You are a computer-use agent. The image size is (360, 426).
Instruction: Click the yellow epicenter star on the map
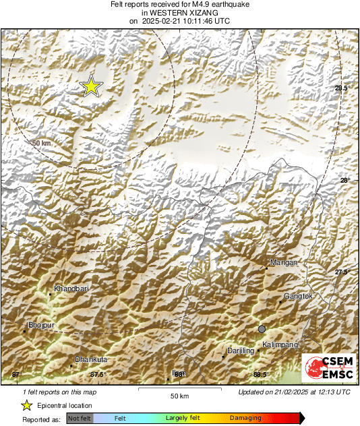click(x=90, y=86)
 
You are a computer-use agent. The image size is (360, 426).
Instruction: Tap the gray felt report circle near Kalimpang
click(x=262, y=328)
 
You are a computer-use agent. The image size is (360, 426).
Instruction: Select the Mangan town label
click(x=283, y=262)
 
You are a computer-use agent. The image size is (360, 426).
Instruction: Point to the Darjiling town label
click(x=239, y=351)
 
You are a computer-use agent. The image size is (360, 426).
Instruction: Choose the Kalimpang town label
click(x=280, y=344)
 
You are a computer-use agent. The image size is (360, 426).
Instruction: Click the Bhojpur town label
click(x=40, y=325)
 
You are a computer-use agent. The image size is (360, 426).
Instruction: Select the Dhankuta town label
click(x=91, y=359)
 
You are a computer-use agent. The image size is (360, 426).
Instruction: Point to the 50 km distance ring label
click(x=41, y=144)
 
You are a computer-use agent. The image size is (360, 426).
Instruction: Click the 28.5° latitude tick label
click(x=342, y=88)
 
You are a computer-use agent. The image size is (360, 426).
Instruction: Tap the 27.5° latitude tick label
click(x=342, y=272)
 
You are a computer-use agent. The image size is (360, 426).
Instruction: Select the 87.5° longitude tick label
click(x=98, y=374)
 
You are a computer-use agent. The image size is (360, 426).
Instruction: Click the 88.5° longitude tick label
click(x=261, y=374)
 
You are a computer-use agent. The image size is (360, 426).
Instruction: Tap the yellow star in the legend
click(x=27, y=405)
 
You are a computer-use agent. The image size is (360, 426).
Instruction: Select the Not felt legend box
click(x=80, y=419)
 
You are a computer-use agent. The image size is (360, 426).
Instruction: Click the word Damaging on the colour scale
click(x=245, y=419)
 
